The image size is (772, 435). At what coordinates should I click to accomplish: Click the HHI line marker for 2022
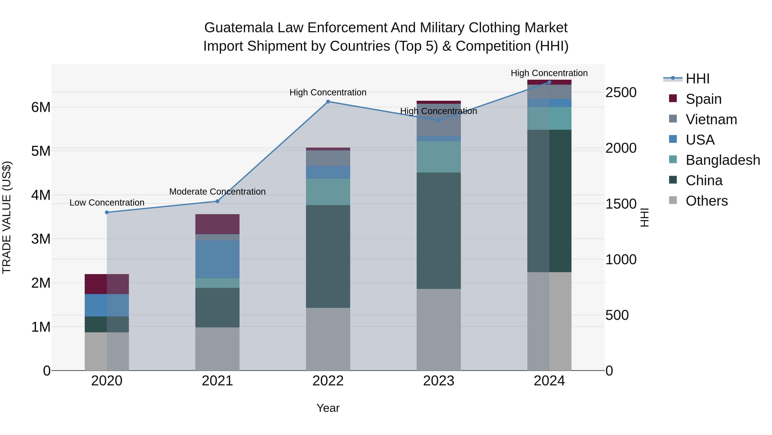tap(328, 102)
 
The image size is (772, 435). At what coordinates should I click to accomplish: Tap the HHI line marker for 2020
tap(107, 212)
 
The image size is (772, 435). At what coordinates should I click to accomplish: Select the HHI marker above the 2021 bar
tap(218, 201)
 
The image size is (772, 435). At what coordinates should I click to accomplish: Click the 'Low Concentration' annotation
tap(107, 203)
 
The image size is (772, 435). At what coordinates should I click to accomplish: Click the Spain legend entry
tap(703, 99)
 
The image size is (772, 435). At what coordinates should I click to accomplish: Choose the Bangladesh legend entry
tap(722, 160)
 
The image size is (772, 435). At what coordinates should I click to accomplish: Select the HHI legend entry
tap(697, 79)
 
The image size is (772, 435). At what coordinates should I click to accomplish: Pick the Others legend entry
tap(706, 201)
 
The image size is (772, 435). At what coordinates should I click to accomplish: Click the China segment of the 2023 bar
tap(439, 230)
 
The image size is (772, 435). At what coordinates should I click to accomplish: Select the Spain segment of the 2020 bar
tap(107, 284)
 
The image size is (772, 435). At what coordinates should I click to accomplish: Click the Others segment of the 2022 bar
tap(328, 339)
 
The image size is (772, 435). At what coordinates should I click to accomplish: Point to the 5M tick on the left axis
tap(41, 151)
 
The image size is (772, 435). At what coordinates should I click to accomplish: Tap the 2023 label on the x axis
tap(439, 381)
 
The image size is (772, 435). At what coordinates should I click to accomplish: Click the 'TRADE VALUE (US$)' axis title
tap(7, 217)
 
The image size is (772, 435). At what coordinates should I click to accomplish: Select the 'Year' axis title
tap(328, 408)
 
